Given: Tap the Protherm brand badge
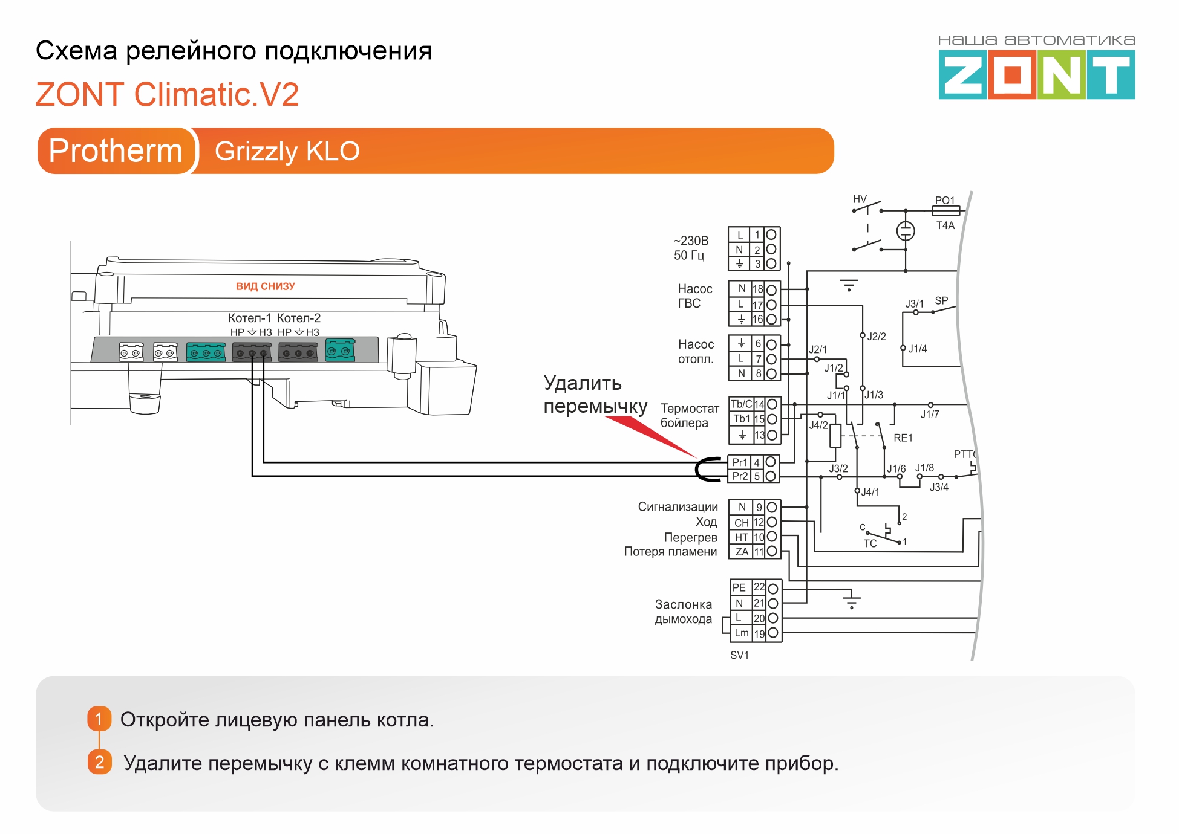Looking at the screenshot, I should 116,150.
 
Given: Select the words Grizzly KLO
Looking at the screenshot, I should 287,151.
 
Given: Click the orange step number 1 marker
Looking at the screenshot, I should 99,719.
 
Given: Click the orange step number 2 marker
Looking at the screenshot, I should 99,763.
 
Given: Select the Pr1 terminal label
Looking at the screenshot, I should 740,462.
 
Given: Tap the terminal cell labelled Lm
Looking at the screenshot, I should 741,633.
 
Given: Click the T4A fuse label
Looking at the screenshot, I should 945,225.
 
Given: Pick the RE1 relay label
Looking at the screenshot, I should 903,438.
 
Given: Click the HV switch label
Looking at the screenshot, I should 860,199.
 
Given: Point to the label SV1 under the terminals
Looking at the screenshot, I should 739,655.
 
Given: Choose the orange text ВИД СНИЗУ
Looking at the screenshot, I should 265,286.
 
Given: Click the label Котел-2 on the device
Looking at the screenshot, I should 299,318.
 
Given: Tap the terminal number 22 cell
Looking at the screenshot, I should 759,587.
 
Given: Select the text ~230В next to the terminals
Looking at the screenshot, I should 691,241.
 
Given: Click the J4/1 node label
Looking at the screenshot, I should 870,492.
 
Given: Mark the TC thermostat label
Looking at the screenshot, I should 870,543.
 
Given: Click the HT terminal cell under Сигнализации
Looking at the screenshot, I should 741,537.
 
